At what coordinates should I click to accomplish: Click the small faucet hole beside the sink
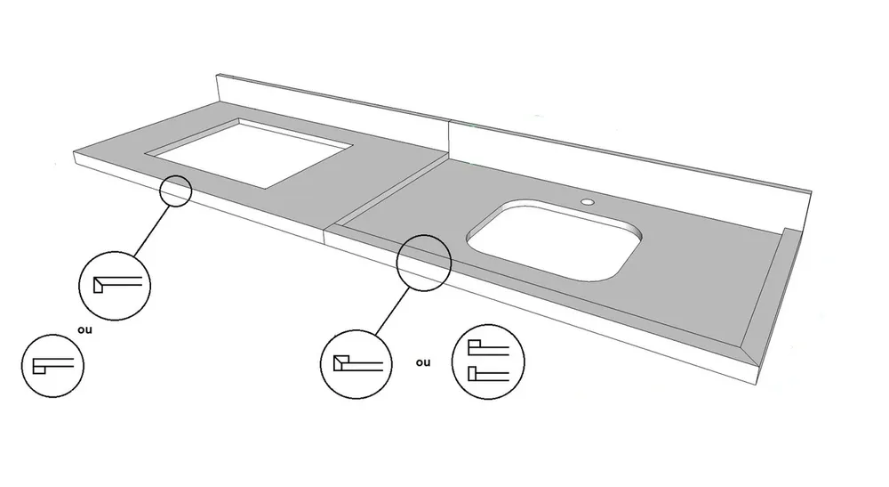[x=588, y=201]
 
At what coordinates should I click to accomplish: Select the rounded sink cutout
[x=554, y=239]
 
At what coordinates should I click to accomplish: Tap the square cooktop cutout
[x=250, y=152]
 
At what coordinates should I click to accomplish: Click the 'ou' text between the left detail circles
[x=85, y=329]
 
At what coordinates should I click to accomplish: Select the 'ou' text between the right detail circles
[x=423, y=362]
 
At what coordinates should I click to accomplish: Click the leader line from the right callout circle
[x=392, y=311]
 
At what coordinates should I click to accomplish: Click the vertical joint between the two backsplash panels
[x=449, y=139]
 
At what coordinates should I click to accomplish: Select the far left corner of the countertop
[x=75, y=152]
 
